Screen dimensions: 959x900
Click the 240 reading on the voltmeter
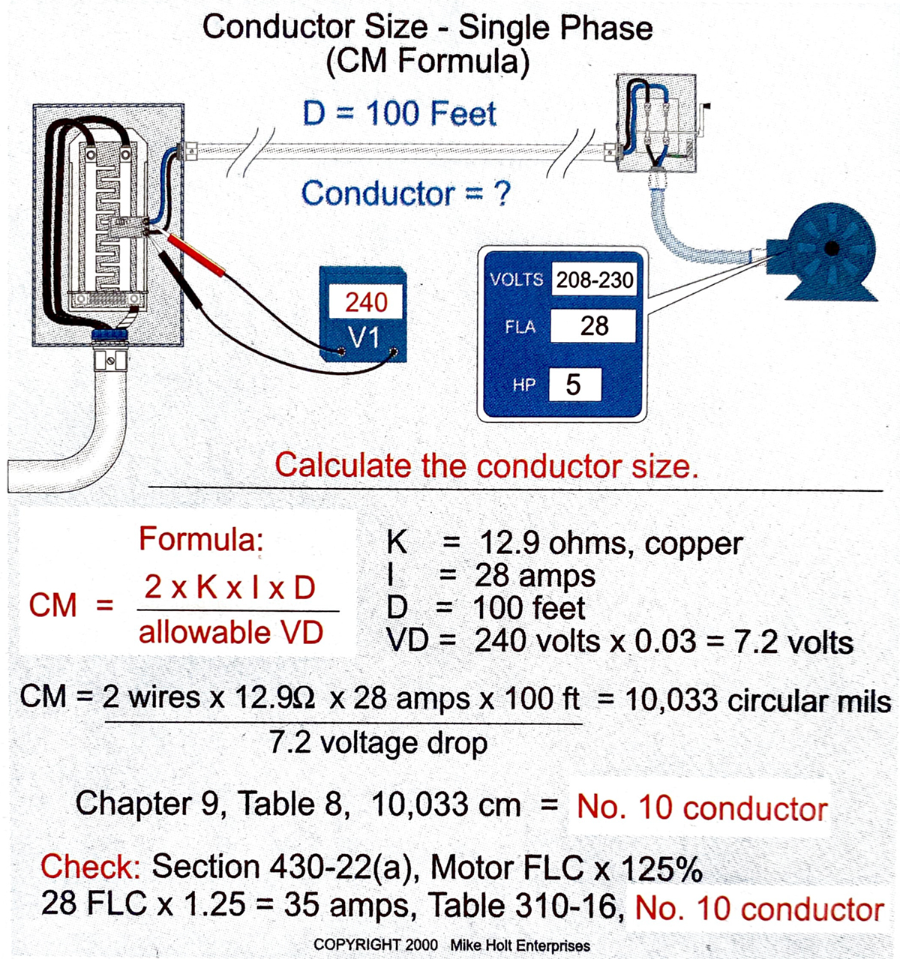coord(365,302)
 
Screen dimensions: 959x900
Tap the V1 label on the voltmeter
coord(365,337)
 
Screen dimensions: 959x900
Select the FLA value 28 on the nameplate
coord(593,326)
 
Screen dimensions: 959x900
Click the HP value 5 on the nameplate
coord(573,385)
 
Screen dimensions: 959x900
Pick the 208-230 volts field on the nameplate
coord(594,280)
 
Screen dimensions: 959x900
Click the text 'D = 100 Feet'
coord(399,114)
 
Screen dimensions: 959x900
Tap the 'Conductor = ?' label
coord(405,193)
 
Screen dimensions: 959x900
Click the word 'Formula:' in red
coord(201,539)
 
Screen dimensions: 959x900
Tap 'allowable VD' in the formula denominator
coord(231,633)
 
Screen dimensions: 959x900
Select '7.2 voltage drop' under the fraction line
coord(378,743)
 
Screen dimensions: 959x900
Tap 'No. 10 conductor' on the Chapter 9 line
coord(702,808)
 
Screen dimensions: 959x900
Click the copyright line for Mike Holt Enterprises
coord(451,946)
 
